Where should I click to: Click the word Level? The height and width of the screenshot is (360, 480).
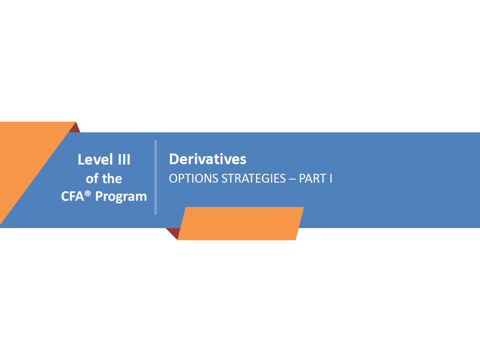[x=95, y=159]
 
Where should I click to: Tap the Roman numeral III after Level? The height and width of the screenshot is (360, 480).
[x=124, y=160]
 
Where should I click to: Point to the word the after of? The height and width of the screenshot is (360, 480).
[x=112, y=179]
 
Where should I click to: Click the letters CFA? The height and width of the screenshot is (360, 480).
[x=72, y=196]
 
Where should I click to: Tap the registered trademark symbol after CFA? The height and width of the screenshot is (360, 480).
[x=87, y=193]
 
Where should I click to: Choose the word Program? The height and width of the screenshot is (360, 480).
[x=121, y=197]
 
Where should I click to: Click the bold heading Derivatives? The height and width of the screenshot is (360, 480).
[x=208, y=159]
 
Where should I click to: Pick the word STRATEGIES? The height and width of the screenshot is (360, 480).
[x=253, y=179]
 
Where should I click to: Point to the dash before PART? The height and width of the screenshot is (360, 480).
[x=292, y=179]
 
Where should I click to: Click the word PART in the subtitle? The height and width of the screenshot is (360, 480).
[x=313, y=179]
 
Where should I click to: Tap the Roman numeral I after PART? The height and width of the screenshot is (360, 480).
[x=331, y=179]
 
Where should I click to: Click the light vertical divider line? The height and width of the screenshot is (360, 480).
[x=156, y=177]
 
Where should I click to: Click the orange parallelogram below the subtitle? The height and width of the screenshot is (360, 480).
[x=241, y=224]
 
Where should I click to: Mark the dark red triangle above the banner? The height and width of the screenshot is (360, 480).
[x=76, y=128]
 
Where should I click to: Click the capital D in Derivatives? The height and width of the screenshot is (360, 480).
[x=174, y=159]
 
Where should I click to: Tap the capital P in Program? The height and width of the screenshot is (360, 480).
[x=99, y=196]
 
